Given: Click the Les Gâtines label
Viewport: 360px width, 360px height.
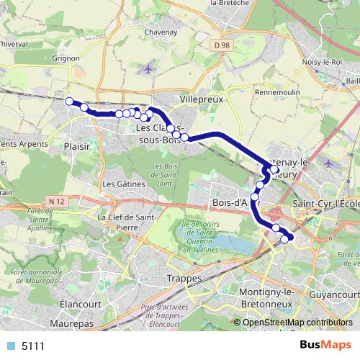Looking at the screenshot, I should pos(119,184).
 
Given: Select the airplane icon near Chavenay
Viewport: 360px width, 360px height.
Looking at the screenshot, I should pos(148,69).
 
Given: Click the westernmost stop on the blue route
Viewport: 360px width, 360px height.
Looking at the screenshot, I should pos(70,102).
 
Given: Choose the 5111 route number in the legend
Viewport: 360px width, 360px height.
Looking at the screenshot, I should pos(33,346).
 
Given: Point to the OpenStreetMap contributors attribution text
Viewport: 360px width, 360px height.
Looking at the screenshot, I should pos(296,323).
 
